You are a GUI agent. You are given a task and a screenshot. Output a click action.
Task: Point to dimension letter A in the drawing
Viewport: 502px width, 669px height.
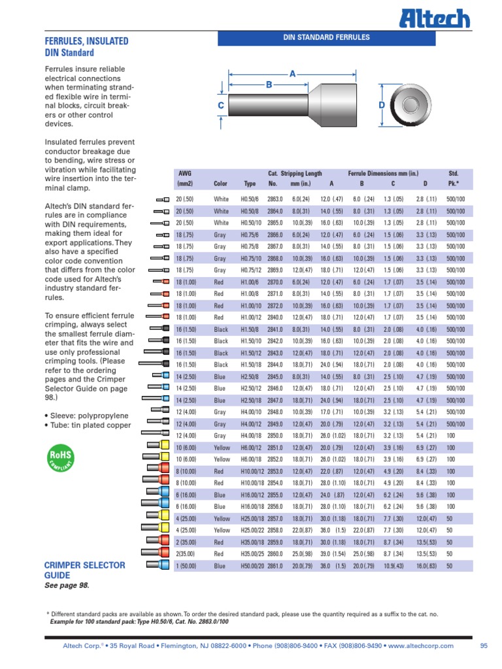pos(292,75)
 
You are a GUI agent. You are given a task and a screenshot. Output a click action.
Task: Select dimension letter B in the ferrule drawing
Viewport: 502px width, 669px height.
pos(269,85)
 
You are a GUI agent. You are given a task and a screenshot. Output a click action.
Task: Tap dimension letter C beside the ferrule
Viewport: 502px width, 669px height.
pos(221,106)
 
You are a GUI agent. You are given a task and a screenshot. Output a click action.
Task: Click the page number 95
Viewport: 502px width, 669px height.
pos(484,645)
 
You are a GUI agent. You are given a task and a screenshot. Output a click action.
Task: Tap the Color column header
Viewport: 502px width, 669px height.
pos(221,184)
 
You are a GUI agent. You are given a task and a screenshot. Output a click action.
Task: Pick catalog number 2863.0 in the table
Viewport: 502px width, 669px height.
pos(275,199)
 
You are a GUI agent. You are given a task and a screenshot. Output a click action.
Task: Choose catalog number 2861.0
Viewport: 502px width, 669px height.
pos(275,566)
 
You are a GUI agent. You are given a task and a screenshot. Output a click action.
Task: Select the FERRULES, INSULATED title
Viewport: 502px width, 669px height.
pos(86,41)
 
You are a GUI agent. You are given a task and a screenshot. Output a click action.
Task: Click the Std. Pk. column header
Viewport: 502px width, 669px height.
pos(454,178)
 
